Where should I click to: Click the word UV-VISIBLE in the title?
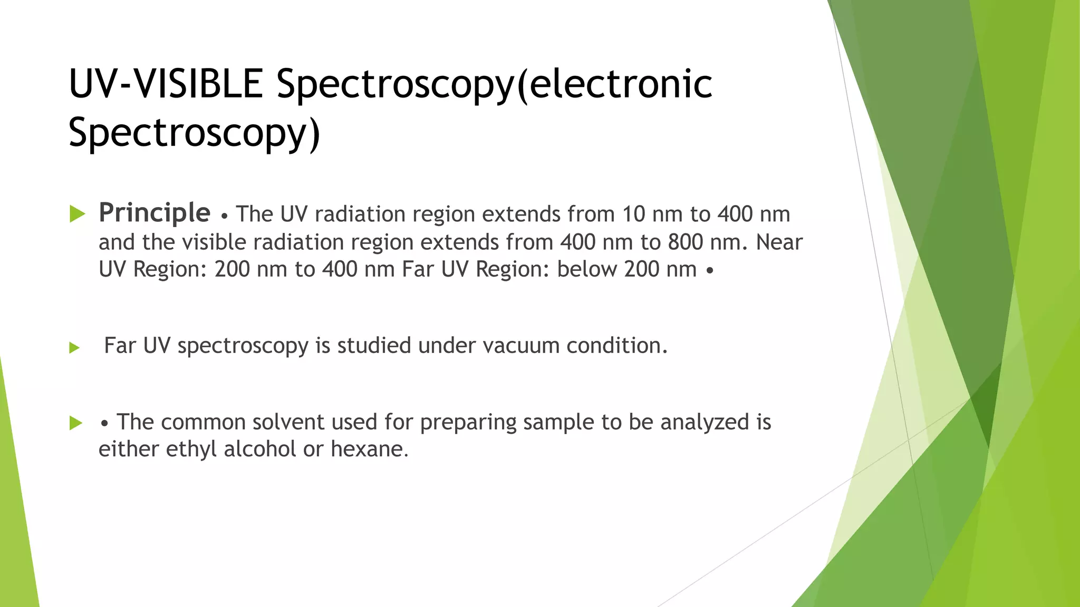[166, 84]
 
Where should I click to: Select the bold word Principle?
[155, 213]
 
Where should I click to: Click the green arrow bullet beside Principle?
[78, 214]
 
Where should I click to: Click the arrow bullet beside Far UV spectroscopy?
[74, 348]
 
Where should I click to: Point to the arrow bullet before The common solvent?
[76, 423]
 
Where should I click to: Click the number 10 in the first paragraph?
[633, 214]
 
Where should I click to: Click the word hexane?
[369, 449]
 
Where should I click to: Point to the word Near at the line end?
[779, 242]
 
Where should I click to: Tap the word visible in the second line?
[214, 242]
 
